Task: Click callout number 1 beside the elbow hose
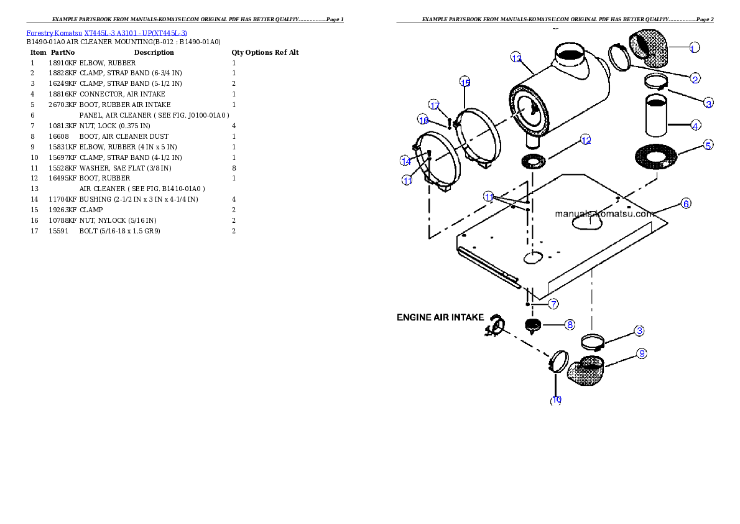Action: [x=695, y=47]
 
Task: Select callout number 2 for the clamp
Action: [x=695, y=78]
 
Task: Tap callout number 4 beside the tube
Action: [x=695, y=126]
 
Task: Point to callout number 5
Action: [x=708, y=145]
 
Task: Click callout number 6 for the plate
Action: [x=685, y=204]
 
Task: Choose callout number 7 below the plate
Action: [x=553, y=304]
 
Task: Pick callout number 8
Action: [x=570, y=324]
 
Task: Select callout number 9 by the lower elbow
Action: [x=642, y=353]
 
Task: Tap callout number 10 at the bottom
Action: [x=556, y=400]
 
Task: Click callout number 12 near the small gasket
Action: [x=585, y=141]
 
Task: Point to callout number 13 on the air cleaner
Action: [x=516, y=57]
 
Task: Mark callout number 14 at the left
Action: [x=405, y=161]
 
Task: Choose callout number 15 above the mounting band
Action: [x=465, y=82]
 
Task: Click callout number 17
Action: [x=434, y=105]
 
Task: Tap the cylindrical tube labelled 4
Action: [x=658, y=115]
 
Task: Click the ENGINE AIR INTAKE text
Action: [x=440, y=317]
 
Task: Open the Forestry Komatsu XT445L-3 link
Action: [x=106, y=32]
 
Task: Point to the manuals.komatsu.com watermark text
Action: [x=604, y=213]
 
